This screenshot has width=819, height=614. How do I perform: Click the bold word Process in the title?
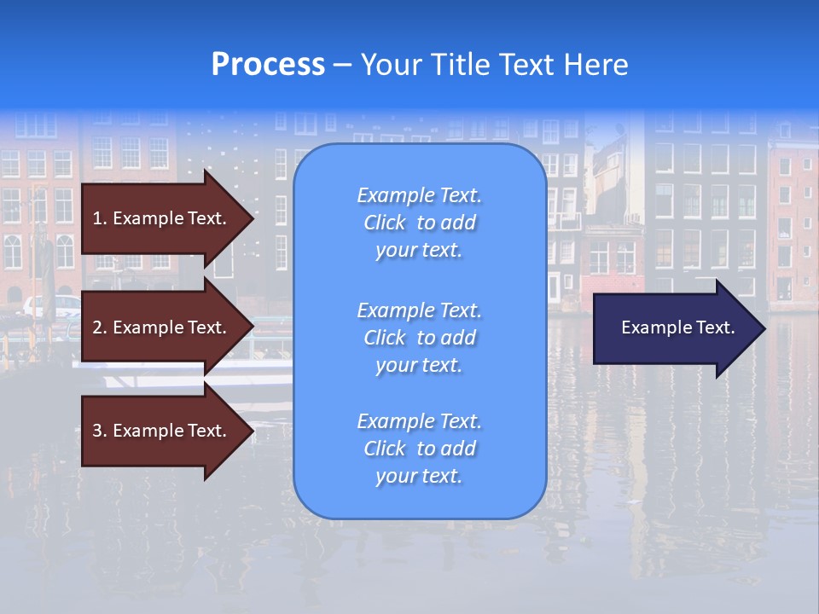click(x=268, y=65)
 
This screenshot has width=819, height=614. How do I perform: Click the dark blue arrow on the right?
click(x=674, y=328)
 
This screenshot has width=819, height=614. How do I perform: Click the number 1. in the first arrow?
click(x=100, y=218)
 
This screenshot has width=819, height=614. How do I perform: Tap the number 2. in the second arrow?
click(x=100, y=327)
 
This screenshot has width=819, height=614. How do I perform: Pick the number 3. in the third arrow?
click(x=100, y=431)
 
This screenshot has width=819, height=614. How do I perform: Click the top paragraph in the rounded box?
click(x=419, y=223)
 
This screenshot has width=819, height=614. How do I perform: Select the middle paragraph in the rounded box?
click(x=419, y=338)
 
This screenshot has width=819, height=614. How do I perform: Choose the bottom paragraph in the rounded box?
click(x=419, y=449)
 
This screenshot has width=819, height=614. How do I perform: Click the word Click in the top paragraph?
click(x=385, y=223)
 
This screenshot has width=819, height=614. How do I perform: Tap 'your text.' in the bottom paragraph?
click(x=419, y=476)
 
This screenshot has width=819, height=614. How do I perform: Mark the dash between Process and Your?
click(x=342, y=65)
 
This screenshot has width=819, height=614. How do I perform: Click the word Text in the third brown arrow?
click(x=206, y=431)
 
